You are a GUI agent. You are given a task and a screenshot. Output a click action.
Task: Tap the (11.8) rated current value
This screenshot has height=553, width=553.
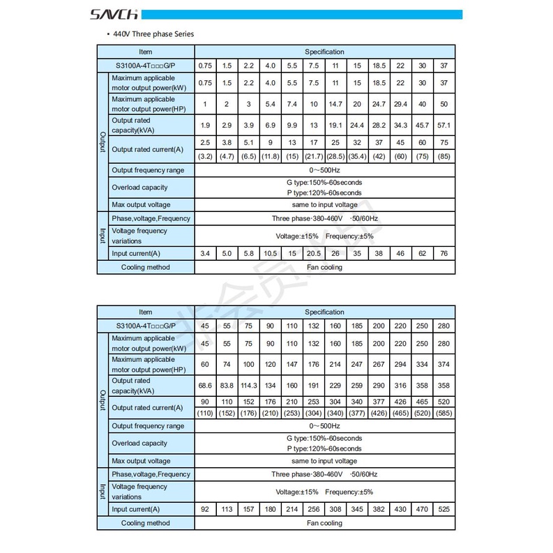[270, 156]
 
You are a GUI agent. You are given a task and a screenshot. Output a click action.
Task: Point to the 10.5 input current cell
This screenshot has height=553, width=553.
[270, 253]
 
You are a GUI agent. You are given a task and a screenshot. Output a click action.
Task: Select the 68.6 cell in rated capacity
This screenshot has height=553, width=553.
[205, 386]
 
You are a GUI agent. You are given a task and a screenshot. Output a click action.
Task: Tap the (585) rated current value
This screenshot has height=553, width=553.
[444, 413]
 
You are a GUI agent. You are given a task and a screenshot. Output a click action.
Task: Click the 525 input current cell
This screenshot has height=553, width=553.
[444, 510]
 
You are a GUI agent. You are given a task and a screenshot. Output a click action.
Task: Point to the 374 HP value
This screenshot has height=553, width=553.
[444, 364]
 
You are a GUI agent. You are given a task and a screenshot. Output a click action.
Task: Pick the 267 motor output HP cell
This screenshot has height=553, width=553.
[379, 364]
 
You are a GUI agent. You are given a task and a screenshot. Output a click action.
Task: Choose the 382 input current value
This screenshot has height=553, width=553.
[379, 510]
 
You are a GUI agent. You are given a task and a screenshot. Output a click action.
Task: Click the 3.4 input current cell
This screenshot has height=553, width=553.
[205, 253]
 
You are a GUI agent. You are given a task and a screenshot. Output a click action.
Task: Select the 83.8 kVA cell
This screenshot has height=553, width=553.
[227, 386]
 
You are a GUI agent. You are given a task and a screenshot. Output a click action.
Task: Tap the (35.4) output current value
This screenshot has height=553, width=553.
[357, 156]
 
